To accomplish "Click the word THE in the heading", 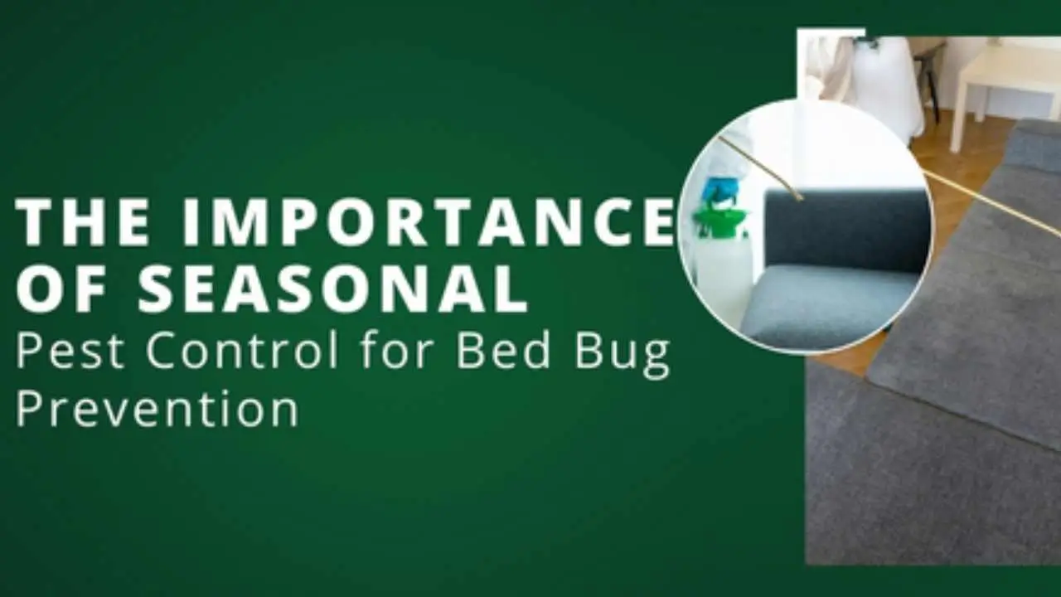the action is [83, 221].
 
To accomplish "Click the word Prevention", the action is [157, 409].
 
